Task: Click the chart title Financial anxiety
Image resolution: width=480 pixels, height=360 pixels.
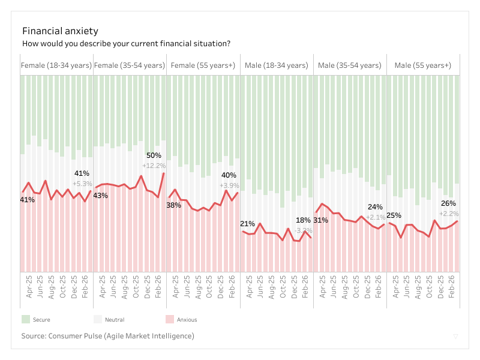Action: coord(60,31)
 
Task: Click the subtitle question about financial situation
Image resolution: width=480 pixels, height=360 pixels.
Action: coord(126,44)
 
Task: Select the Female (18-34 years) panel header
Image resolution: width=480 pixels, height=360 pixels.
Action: coord(56,65)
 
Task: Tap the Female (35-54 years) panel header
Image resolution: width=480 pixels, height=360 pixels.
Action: coord(130,65)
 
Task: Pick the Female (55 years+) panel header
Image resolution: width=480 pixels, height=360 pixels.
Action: coord(203,65)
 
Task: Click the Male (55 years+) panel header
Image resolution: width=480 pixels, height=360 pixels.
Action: coord(422,65)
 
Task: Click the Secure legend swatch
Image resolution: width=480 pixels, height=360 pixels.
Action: coord(26,319)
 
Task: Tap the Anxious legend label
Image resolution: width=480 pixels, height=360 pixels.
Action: coord(187,320)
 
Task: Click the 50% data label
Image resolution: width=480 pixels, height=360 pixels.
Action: coord(154,155)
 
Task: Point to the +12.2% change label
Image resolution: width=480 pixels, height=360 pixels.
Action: coord(154,166)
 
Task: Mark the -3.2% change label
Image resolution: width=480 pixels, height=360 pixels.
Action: coord(304,230)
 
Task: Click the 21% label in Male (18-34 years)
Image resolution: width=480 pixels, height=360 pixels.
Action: coord(247,224)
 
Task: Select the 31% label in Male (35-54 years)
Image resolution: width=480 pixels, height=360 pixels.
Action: coord(320,220)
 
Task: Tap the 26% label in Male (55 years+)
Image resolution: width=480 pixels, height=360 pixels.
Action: coord(449,203)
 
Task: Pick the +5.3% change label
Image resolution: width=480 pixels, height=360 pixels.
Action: coord(82,184)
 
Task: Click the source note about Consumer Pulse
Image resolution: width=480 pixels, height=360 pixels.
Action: coord(107,336)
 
